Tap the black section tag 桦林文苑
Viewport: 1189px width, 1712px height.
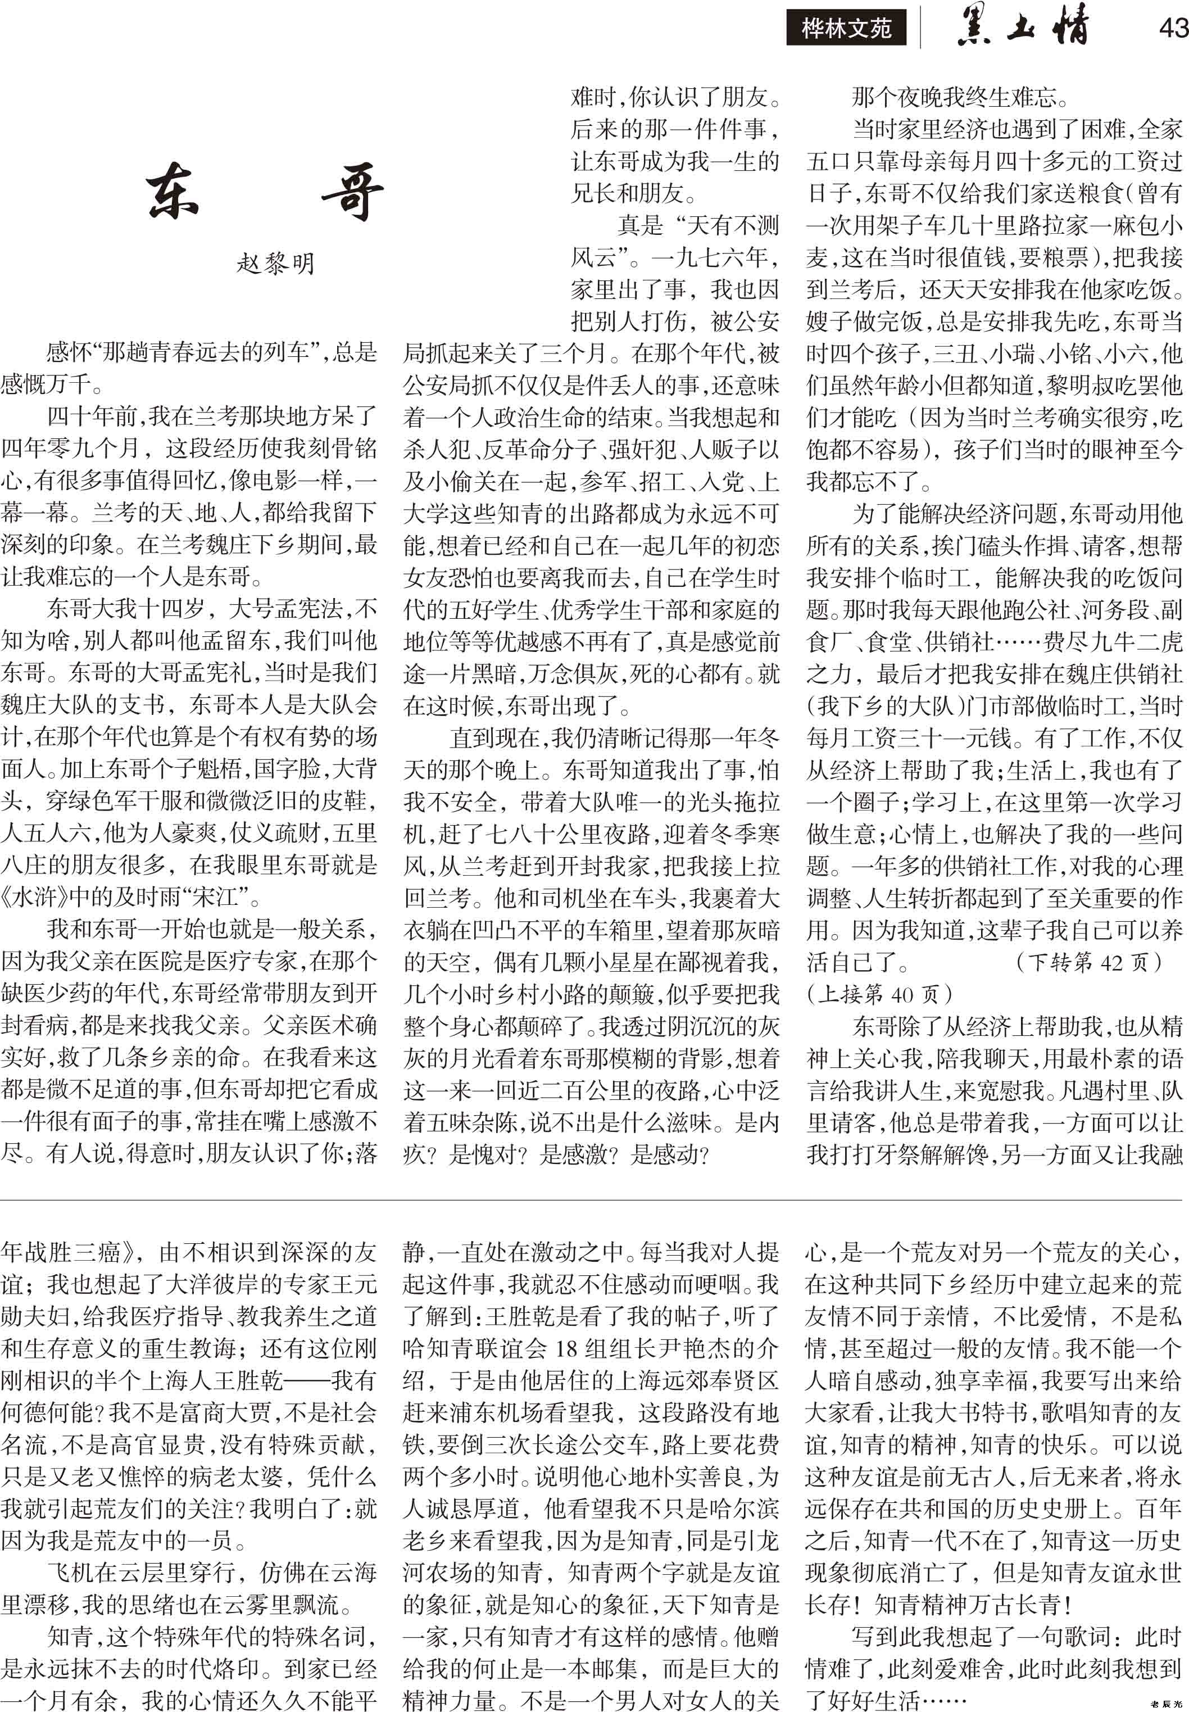(x=846, y=28)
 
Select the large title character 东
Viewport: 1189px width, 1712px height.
(x=173, y=192)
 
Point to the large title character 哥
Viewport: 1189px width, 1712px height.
(x=353, y=192)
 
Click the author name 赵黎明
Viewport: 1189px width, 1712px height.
(x=276, y=263)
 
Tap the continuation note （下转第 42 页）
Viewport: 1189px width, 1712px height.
(x=1088, y=962)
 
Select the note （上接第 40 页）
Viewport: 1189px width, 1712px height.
(x=879, y=994)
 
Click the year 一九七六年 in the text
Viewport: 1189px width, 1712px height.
(x=709, y=257)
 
